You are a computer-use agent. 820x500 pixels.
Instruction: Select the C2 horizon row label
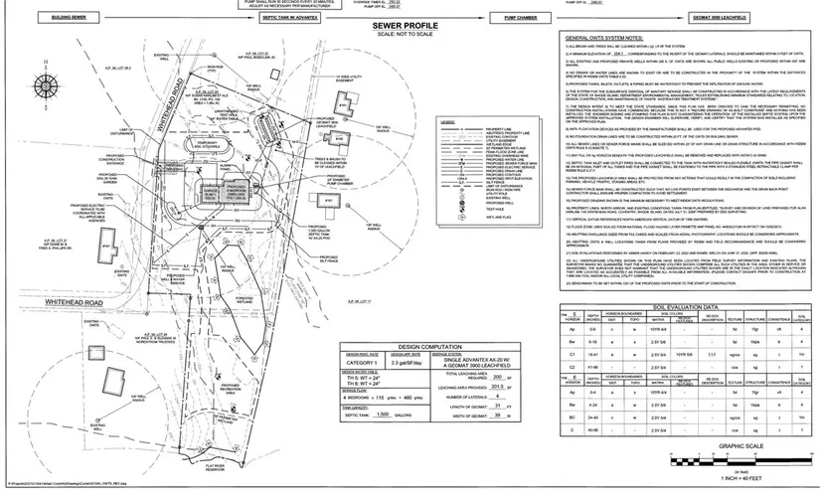pyautogui.click(x=570, y=365)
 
